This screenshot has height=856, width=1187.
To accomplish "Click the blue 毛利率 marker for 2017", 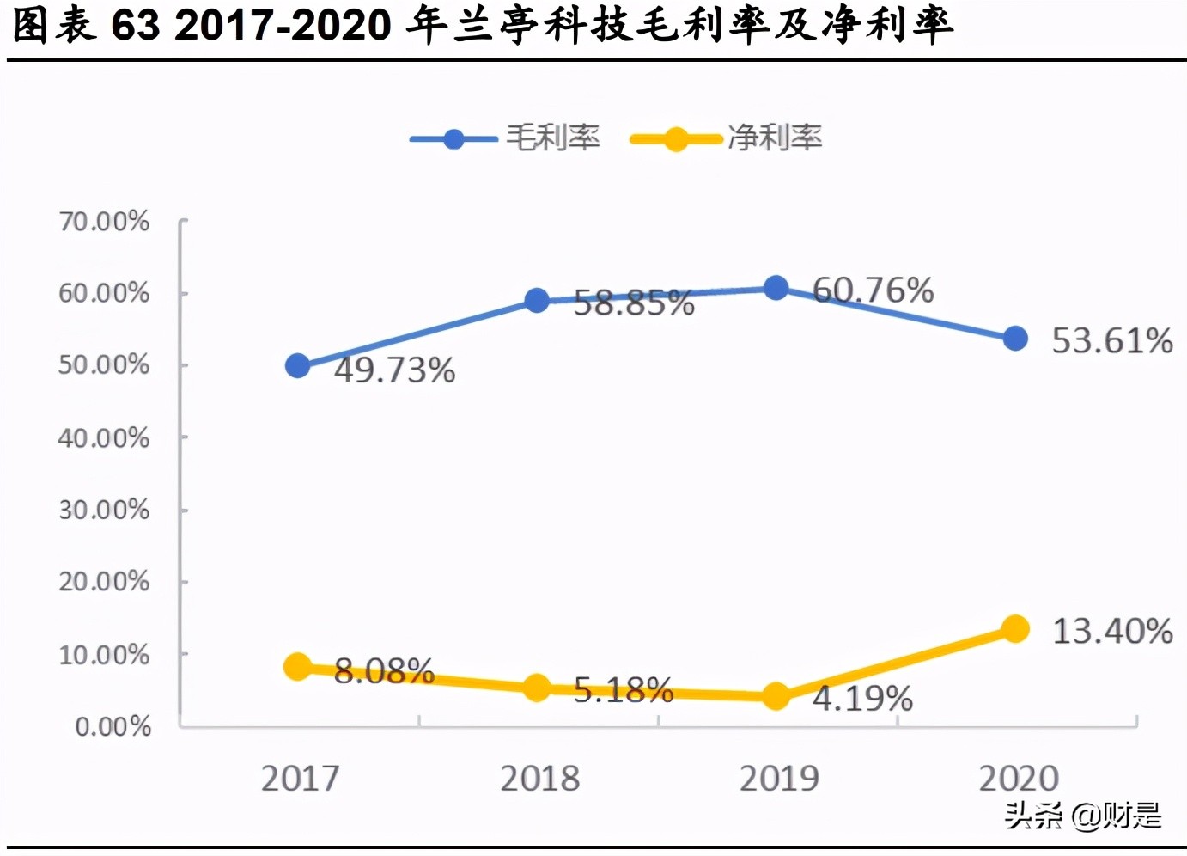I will click(x=297, y=366).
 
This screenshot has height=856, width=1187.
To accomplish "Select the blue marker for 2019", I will click(x=776, y=288).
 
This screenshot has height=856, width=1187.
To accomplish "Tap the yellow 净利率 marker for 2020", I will click(x=1015, y=629).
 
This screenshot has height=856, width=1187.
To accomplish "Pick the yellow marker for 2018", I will click(x=537, y=688).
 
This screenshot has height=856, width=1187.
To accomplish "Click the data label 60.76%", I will click(x=873, y=290).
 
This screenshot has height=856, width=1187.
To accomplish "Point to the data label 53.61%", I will click(x=1111, y=341).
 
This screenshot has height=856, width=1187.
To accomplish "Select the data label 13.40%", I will click(x=1112, y=632).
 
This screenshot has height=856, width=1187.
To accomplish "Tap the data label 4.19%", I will click(x=862, y=698).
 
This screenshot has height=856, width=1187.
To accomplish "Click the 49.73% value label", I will click(x=394, y=370).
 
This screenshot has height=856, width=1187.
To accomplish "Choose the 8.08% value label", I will click(x=384, y=671).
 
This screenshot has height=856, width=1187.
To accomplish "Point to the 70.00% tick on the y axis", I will click(x=104, y=222).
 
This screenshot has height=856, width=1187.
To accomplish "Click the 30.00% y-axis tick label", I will click(x=104, y=510).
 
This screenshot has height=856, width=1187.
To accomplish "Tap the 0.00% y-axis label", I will click(x=113, y=727).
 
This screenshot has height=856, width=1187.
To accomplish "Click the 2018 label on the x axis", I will click(x=539, y=779).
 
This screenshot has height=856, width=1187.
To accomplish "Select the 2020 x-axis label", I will click(x=1019, y=779).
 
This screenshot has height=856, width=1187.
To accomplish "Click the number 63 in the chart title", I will click(x=136, y=26).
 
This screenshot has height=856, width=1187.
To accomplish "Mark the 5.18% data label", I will click(x=623, y=690).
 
